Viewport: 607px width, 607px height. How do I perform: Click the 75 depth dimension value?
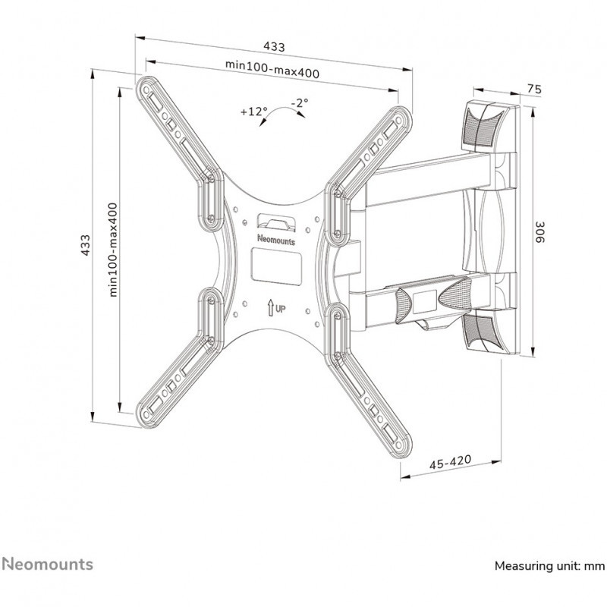click(534, 90)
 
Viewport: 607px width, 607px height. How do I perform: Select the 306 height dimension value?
click(539, 232)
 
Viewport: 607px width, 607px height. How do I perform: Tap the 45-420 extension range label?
click(450, 462)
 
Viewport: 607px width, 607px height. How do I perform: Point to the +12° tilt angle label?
click(254, 112)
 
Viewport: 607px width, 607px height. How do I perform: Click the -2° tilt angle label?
click(300, 103)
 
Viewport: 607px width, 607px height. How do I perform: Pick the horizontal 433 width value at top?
click(274, 47)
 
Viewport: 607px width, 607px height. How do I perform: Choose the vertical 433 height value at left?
click(85, 244)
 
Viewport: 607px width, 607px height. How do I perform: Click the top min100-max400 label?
click(272, 69)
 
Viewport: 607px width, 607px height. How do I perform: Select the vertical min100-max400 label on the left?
click(112, 250)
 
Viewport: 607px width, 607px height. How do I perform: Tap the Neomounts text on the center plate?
click(276, 240)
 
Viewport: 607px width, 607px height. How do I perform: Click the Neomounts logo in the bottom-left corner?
click(48, 564)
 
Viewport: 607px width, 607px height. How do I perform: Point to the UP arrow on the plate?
click(270, 308)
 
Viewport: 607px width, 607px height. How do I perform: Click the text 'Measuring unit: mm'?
click(549, 566)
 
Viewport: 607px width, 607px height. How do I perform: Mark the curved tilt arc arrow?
click(281, 109)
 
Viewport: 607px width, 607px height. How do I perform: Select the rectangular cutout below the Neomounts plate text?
click(276, 267)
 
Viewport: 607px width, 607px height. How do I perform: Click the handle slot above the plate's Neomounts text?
click(276, 221)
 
